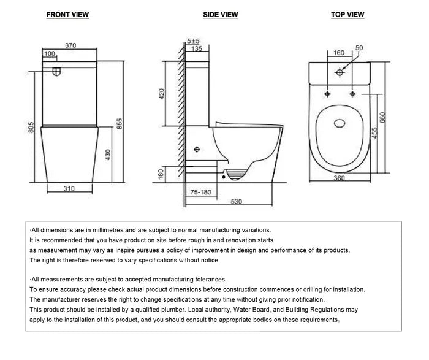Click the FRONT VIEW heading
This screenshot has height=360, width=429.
[67, 15]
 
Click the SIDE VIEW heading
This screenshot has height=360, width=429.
[220, 15]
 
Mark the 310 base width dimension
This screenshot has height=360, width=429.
[69, 188]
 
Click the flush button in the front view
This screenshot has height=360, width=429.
[57, 72]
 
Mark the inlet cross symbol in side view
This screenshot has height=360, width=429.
[197, 149]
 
